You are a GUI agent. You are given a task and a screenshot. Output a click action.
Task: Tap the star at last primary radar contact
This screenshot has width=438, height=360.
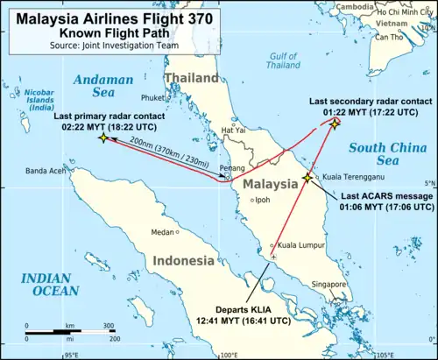tap(104, 138)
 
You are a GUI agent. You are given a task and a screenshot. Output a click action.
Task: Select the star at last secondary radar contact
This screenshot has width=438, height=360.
tap(335, 124)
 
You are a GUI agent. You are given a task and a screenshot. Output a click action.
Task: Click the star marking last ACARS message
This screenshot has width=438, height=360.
tap(307, 178)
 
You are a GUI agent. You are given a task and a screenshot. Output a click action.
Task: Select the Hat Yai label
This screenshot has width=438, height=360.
tap(234, 131)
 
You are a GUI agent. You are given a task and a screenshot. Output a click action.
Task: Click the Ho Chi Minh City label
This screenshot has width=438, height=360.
tap(402, 13)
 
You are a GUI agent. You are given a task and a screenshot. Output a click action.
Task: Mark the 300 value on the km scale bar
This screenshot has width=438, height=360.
tap(109, 325)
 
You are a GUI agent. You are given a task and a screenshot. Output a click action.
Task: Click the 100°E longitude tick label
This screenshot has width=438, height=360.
tap(228, 355)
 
